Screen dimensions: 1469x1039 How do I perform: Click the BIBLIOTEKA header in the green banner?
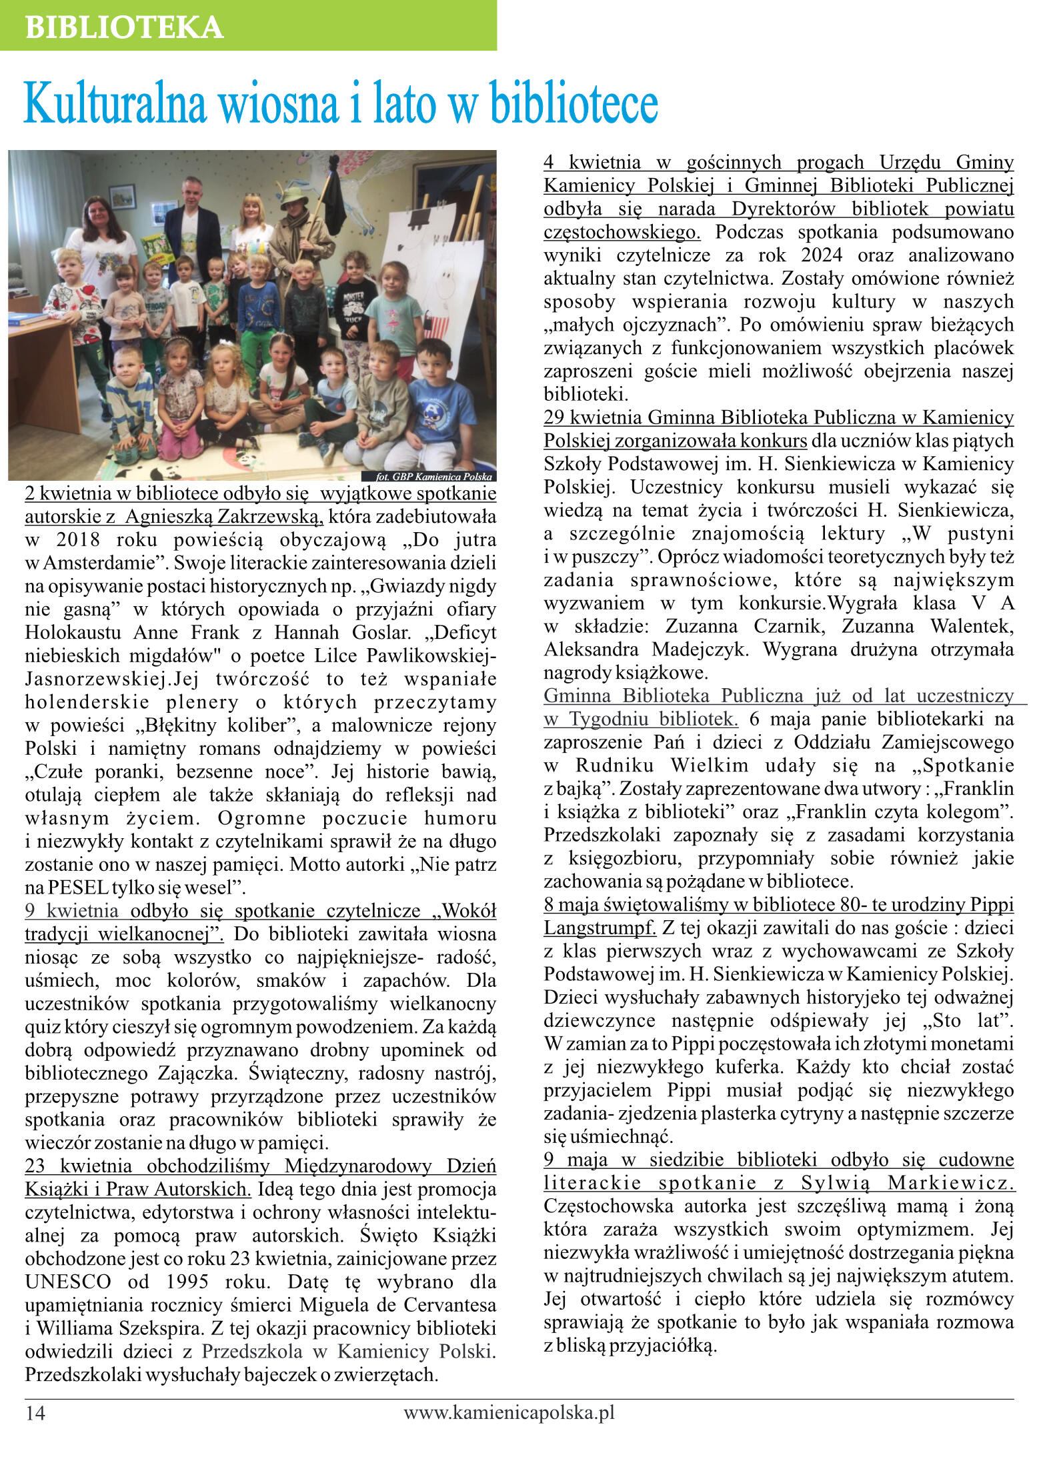click(x=124, y=27)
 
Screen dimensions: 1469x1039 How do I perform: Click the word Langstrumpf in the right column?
click(x=599, y=928)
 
